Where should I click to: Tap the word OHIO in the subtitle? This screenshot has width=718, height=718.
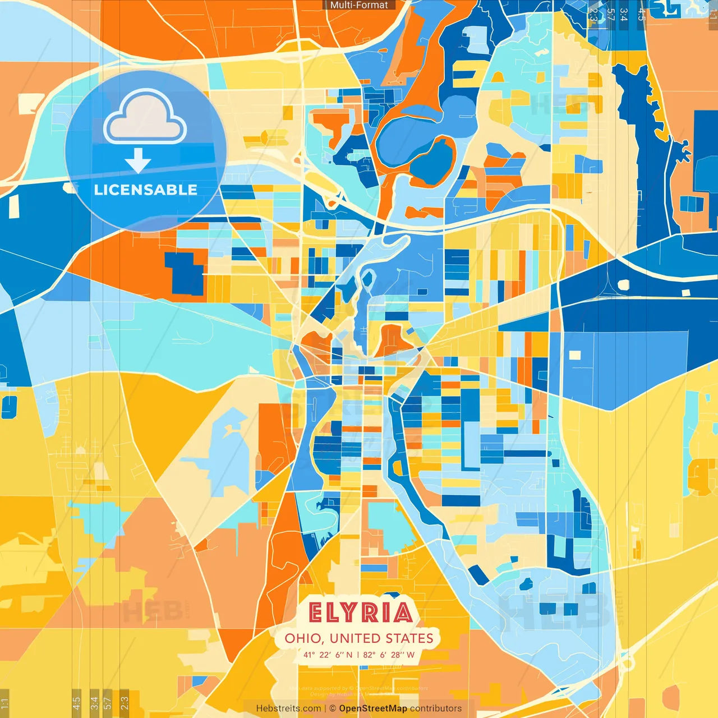click(303, 638)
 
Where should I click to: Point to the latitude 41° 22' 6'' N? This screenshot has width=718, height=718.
click(328, 655)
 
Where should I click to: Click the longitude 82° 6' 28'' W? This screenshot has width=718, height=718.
click(389, 655)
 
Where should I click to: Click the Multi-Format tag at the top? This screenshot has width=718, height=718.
click(359, 5)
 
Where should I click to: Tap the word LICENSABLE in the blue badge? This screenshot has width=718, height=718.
click(146, 190)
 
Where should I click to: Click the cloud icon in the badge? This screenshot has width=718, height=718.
click(145, 118)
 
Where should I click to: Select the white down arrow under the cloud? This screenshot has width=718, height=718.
click(138, 161)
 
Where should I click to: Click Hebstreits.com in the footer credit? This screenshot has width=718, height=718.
click(288, 708)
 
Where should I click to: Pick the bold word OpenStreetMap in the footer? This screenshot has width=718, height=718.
click(373, 708)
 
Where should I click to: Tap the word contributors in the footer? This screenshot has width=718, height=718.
click(436, 708)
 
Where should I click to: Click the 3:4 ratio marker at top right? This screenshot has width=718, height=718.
click(624, 15)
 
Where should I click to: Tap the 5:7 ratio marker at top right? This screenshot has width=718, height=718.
click(610, 15)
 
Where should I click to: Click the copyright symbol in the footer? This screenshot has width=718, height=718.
click(333, 708)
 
